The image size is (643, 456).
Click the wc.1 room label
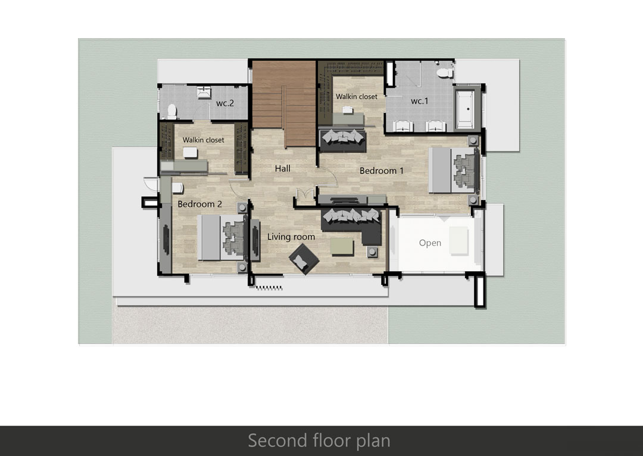(x=420, y=101)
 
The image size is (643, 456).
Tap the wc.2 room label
(x=224, y=103)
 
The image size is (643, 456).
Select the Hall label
(x=283, y=168)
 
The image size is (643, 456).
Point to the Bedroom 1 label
(x=382, y=170)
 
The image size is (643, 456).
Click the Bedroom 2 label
(x=199, y=204)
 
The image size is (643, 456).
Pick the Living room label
(x=291, y=237)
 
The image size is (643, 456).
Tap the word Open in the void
(x=430, y=243)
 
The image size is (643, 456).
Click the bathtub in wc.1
(x=466, y=108)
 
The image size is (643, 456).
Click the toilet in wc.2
(x=172, y=111)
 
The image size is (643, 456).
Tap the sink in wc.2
(x=204, y=93)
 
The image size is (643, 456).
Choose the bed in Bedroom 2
(x=222, y=238)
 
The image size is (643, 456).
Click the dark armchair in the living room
(x=304, y=259)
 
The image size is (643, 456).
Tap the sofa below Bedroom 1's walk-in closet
(x=342, y=139)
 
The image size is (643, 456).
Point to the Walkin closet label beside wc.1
(x=357, y=97)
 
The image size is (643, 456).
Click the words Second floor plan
(x=319, y=441)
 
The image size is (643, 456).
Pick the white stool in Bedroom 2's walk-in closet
(x=190, y=153)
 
